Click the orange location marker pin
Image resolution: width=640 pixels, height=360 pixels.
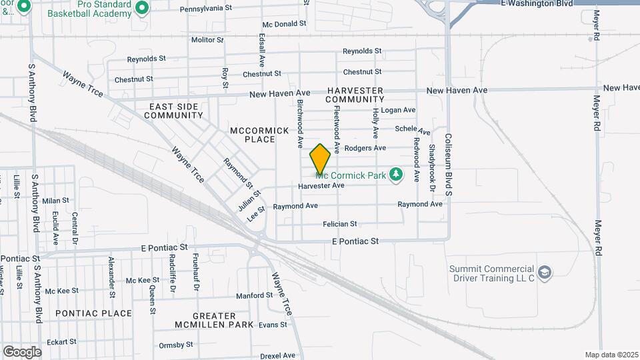[x=320, y=159]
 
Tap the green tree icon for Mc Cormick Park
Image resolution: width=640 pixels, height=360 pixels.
[x=397, y=175]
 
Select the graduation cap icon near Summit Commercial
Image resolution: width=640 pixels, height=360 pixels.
[x=545, y=273]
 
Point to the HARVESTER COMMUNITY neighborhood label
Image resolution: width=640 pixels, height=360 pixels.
[x=355, y=95]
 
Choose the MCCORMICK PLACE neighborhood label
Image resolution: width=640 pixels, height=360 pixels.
[x=252, y=135]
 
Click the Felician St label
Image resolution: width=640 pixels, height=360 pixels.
[x=339, y=224]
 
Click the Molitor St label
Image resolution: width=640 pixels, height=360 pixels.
[x=207, y=40]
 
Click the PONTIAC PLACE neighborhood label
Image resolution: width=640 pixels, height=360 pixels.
[x=85, y=313]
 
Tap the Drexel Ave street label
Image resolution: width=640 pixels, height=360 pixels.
[x=277, y=355]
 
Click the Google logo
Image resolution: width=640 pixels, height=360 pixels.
[x=22, y=351]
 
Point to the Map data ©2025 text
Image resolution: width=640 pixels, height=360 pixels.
[x=611, y=355]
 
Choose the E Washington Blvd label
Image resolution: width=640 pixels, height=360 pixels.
[x=536, y=3]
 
